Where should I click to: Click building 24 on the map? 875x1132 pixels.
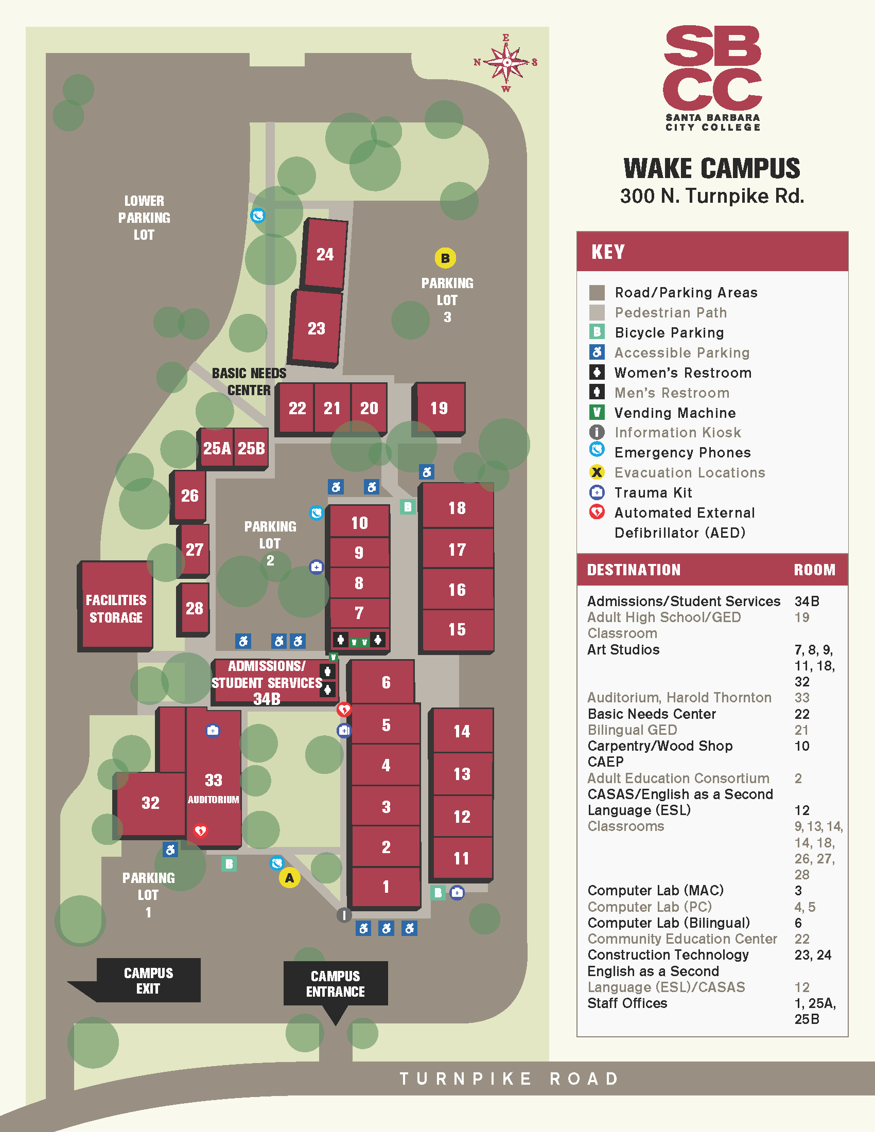325,254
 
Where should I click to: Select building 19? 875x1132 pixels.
439,408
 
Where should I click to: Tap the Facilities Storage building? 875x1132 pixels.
116,608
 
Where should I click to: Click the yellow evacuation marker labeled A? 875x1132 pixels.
289,877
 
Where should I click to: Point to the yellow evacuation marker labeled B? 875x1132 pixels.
445,258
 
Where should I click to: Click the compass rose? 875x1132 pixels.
506,63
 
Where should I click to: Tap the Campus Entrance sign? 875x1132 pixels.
336,983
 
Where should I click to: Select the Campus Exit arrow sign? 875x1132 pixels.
148,980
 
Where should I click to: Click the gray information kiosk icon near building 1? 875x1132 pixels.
344,915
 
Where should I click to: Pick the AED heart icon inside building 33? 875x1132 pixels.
200,831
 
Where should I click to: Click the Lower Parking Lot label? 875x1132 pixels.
144,218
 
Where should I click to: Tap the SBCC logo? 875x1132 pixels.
712,78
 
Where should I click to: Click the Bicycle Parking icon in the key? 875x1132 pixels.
597,332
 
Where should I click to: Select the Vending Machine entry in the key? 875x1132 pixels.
675,413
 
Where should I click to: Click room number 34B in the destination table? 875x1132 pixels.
806,601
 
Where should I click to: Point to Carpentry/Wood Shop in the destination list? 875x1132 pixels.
659,746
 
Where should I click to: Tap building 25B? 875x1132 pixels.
251,448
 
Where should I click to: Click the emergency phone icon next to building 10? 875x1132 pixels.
316,512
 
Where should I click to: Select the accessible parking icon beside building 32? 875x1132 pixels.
170,850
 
